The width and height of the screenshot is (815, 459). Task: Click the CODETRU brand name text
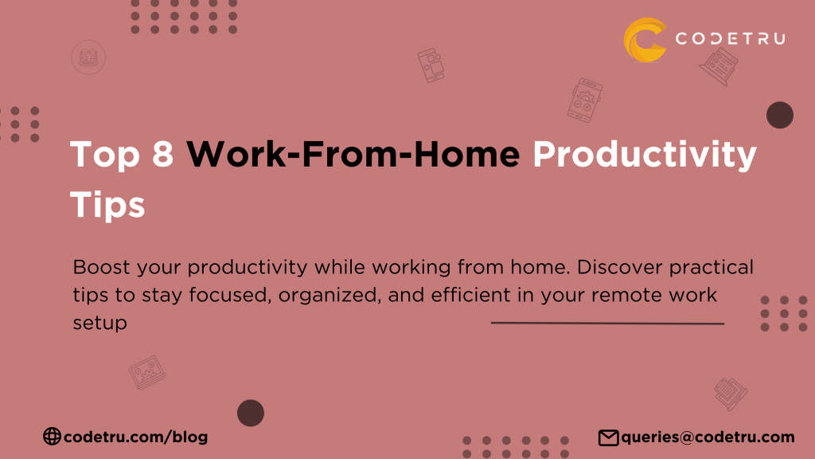tap(730, 38)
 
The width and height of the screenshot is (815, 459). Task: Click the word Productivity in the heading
tap(645, 155)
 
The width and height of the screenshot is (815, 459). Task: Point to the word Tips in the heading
tap(107, 204)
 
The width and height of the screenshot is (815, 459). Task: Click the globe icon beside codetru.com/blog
tap(52, 436)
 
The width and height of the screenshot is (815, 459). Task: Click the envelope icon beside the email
tap(608, 437)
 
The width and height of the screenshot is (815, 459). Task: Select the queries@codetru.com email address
tap(708, 437)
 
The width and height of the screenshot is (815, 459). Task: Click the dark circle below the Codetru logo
tap(780, 116)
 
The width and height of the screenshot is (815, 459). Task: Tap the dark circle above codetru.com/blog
tap(251, 413)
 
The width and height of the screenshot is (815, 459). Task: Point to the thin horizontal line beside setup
tap(607, 324)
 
